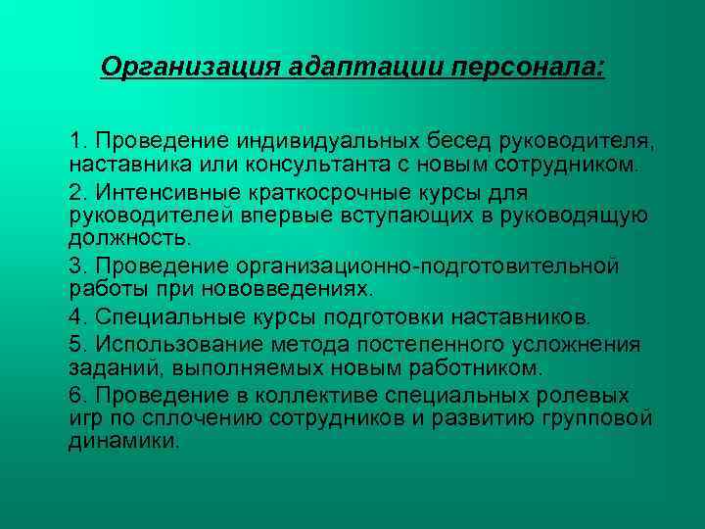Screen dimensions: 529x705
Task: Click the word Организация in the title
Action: tap(192, 68)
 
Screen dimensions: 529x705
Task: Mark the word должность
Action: tap(117, 237)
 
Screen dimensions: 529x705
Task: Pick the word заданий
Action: tap(108, 368)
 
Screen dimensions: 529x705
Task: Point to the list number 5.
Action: tap(76, 345)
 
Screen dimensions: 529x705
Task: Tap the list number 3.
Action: tap(76, 265)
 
